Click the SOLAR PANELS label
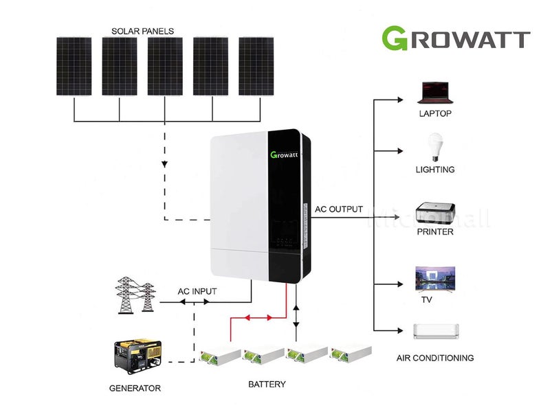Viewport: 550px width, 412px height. (x=143, y=31)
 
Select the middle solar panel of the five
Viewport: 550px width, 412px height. (x=165, y=66)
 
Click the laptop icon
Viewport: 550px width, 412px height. (x=435, y=92)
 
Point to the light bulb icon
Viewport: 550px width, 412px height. (x=434, y=147)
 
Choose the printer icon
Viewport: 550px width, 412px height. (x=434, y=209)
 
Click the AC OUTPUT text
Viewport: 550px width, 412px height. (x=338, y=209)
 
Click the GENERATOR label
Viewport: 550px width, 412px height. (x=135, y=388)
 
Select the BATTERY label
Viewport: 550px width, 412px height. (x=267, y=384)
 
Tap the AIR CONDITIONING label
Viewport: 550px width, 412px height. (x=435, y=358)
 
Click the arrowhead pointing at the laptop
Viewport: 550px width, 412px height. (x=400, y=100)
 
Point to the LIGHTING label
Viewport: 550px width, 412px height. (x=435, y=169)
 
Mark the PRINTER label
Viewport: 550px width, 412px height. (x=435, y=231)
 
